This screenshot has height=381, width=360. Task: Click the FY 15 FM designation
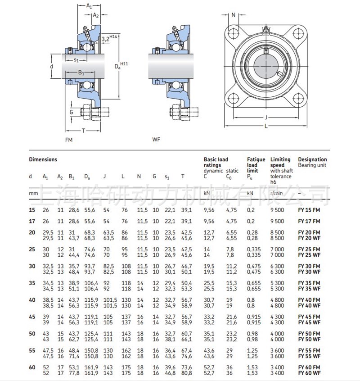click(309, 210)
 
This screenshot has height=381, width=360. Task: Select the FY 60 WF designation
click(309, 373)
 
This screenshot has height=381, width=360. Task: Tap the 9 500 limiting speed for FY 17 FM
click(277, 221)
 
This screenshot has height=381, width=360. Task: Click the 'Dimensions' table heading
click(43, 159)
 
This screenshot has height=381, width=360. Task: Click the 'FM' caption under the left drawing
click(69, 140)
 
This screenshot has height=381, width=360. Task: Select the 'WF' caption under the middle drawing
click(156, 140)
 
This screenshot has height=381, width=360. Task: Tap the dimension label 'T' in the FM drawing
click(83, 130)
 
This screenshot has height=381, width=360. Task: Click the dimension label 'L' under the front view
click(266, 126)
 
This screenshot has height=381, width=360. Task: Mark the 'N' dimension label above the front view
click(233, 15)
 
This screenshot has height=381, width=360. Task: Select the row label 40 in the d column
click(31, 299)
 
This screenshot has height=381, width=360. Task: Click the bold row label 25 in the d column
click(31, 249)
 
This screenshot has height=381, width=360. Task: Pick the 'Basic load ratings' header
click(216, 162)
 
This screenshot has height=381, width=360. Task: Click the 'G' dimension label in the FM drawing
click(71, 111)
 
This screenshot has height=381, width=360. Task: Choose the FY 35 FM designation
click(309, 282)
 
